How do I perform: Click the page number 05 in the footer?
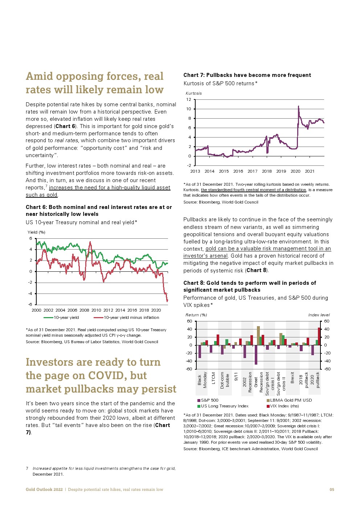(x=332, y=489)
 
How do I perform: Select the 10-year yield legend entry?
(x=61, y=317)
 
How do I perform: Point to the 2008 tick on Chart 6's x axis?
(x=84, y=310)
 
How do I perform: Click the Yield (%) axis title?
(x=36, y=232)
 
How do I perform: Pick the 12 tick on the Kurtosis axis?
(x=188, y=99)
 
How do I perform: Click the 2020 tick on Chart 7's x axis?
(x=295, y=171)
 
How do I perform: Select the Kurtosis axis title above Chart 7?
(x=193, y=93)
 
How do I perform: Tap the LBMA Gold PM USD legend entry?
(x=289, y=400)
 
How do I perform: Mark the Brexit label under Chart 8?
(x=292, y=378)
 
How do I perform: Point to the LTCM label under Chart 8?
(x=213, y=378)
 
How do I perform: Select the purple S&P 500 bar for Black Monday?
(x=200, y=352)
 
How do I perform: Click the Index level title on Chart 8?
(x=319, y=315)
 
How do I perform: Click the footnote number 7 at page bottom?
(x=27, y=468)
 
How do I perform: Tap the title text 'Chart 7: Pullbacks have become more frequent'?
(x=247, y=75)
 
